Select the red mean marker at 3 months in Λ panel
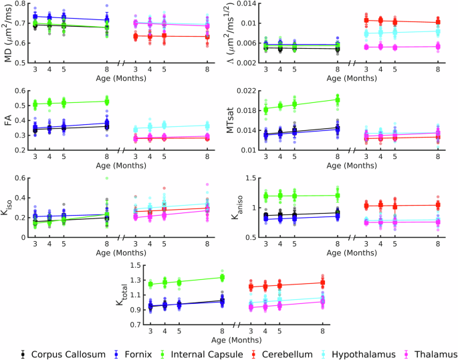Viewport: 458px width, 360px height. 366,19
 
